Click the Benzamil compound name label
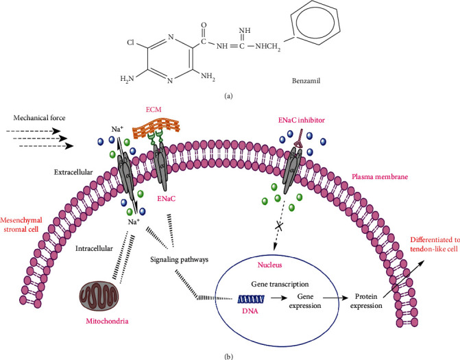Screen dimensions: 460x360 [306, 81]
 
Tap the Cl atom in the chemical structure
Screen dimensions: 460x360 [130, 43]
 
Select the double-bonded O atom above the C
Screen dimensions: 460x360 [204, 25]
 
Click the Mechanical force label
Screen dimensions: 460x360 [39, 118]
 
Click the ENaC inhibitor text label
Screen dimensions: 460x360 [301, 120]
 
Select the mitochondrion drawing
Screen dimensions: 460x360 [99, 297]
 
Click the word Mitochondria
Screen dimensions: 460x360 [107, 321]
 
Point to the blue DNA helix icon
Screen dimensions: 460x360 [251, 299]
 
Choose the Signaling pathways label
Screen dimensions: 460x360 [179, 260]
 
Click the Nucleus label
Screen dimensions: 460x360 [269, 265]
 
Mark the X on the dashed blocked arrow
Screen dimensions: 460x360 [279, 226]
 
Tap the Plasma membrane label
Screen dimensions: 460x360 [380, 177]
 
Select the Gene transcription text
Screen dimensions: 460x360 [280, 285]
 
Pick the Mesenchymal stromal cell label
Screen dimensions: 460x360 [21, 224]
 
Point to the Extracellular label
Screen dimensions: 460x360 [73, 172]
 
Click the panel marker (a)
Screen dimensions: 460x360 [228, 96]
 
